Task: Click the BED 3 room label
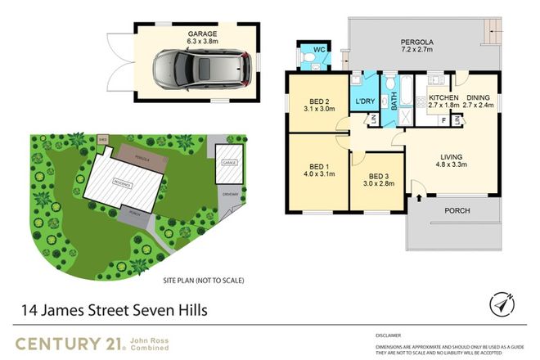click(376, 181)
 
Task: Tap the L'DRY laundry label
click(363, 102)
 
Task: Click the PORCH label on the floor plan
click(457, 210)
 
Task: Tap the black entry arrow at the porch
click(421, 198)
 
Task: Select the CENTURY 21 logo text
click(66, 342)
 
